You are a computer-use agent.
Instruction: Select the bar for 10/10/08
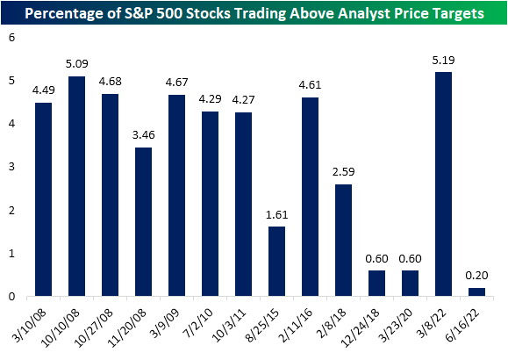77,186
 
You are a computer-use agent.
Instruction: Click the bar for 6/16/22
476,292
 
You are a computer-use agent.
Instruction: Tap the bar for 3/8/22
443,184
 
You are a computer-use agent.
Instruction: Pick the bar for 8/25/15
276,262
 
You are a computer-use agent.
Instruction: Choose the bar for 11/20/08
144,222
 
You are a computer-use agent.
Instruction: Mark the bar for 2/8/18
343,241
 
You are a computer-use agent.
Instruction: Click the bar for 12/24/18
376,283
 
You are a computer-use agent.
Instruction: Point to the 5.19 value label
443,61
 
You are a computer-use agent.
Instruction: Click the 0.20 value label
476,276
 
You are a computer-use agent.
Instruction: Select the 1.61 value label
276,215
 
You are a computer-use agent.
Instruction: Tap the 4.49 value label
43,90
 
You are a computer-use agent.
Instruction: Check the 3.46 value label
144,134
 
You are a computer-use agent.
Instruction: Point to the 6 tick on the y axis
12,38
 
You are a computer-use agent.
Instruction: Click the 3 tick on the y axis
12,167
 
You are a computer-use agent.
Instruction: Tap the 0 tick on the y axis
12,297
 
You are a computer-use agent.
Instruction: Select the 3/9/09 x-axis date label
166,322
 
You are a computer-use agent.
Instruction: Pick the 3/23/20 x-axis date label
396,325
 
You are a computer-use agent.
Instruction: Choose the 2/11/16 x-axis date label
296,325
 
